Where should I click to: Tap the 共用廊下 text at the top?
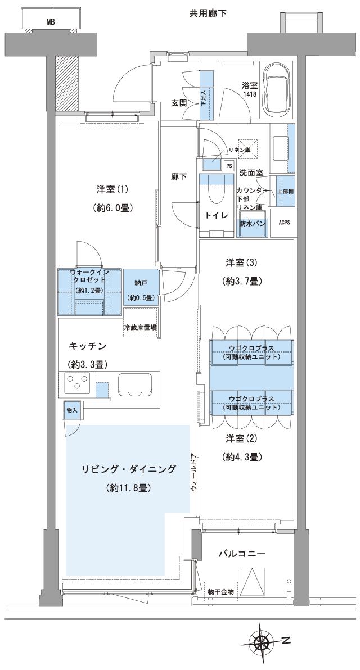point(208,12)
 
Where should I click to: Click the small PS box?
point(229,166)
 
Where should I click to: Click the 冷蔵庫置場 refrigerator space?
point(141,327)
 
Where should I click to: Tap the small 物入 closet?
point(72,410)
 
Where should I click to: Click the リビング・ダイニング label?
point(128,469)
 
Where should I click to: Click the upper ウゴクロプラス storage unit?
point(251,352)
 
